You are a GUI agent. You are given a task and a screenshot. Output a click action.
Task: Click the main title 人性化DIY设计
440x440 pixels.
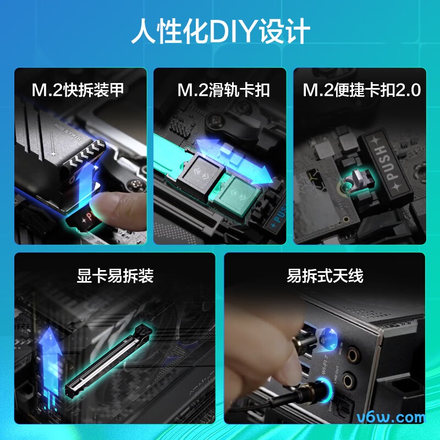click(220, 32)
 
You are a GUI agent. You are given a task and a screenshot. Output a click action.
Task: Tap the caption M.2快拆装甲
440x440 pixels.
click(78, 90)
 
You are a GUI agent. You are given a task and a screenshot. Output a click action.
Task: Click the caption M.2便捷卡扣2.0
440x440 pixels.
click(361, 90)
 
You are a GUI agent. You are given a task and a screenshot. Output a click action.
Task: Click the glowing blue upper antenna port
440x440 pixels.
click(329, 336)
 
